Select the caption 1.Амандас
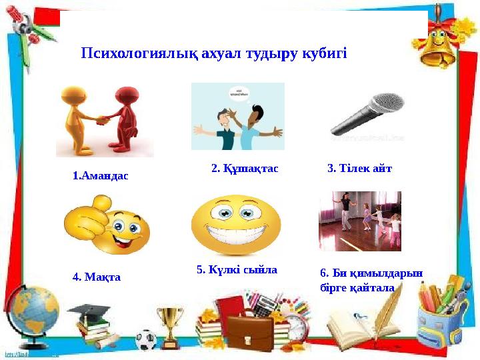click(x=100, y=176)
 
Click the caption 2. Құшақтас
click(x=245, y=169)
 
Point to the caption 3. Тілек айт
click(x=360, y=169)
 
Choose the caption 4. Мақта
click(x=96, y=276)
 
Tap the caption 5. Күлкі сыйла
click(x=237, y=270)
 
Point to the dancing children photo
click(x=360, y=221)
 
